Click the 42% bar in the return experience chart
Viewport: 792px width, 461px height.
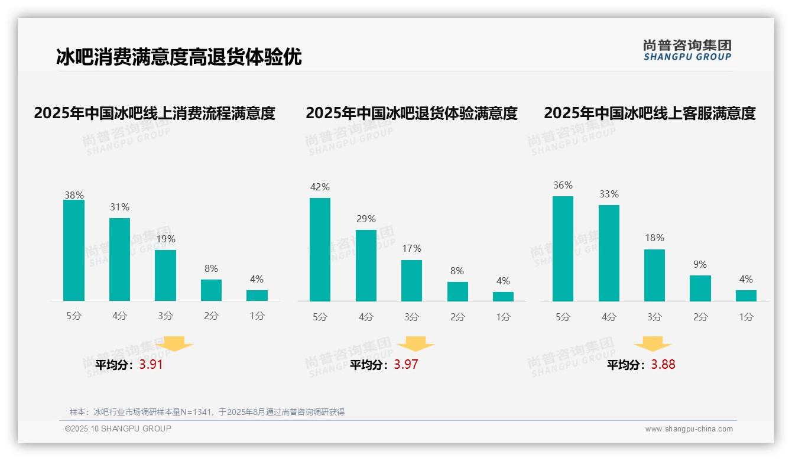coord(320,249)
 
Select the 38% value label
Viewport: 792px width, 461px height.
coord(74,195)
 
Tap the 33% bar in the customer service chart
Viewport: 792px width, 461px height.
coord(609,253)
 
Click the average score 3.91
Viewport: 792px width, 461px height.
coord(151,365)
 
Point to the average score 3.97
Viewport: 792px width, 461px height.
coord(406,365)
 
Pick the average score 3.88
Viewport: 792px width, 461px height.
coord(663,365)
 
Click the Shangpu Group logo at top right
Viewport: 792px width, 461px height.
coord(687,50)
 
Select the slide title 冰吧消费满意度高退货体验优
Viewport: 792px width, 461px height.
coord(178,57)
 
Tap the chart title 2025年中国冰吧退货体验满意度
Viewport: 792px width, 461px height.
coord(411,113)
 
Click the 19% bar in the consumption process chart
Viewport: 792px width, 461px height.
coord(165,275)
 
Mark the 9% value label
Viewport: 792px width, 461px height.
coord(700,264)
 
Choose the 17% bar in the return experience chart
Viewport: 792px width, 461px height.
coord(411,281)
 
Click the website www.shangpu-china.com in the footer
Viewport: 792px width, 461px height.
coord(689,429)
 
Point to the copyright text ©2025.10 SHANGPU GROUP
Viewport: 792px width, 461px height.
coord(118,428)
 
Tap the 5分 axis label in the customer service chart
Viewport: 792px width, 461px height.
coord(563,317)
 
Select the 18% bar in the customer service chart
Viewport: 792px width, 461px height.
coord(654,275)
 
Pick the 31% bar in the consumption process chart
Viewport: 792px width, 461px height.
coord(119,259)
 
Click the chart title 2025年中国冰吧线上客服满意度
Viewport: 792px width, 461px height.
coord(650,113)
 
